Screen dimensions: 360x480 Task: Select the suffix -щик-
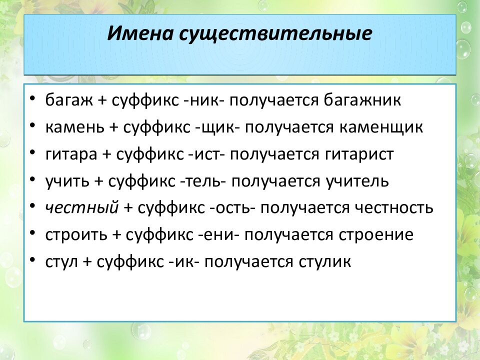[217, 127]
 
